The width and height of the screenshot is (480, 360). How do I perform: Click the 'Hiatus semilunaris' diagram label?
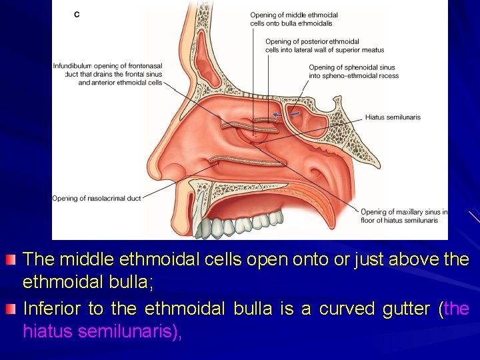393,117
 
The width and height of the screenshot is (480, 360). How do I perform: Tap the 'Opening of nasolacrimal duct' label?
97,198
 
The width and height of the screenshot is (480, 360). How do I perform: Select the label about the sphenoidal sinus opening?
353,71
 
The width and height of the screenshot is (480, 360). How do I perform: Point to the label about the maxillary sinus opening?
403,216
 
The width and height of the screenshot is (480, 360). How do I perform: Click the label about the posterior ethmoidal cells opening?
324,45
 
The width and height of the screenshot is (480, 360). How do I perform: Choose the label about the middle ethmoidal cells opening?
294,19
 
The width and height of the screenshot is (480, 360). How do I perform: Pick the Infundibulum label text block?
107,74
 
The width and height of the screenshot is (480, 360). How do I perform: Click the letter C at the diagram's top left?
77,14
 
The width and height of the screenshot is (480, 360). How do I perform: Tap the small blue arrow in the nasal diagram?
275,115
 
